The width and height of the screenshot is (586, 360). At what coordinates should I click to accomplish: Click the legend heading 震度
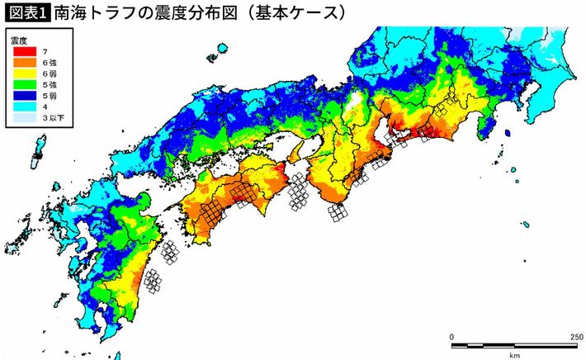pyautogui.click(x=17, y=40)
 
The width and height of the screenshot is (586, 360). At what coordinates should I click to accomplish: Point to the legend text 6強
pyautogui.click(x=51, y=62)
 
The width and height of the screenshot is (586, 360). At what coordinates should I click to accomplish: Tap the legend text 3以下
pyautogui.click(x=54, y=119)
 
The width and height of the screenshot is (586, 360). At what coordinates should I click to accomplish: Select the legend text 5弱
pyautogui.click(x=51, y=96)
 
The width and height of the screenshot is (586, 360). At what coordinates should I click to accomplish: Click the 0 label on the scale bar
pyautogui.click(x=451, y=336)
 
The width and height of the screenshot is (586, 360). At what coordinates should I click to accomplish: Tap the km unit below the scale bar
pyautogui.click(x=514, y=355)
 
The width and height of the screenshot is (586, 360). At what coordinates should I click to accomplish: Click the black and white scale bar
pyautogui.click(x=514, y=345)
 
